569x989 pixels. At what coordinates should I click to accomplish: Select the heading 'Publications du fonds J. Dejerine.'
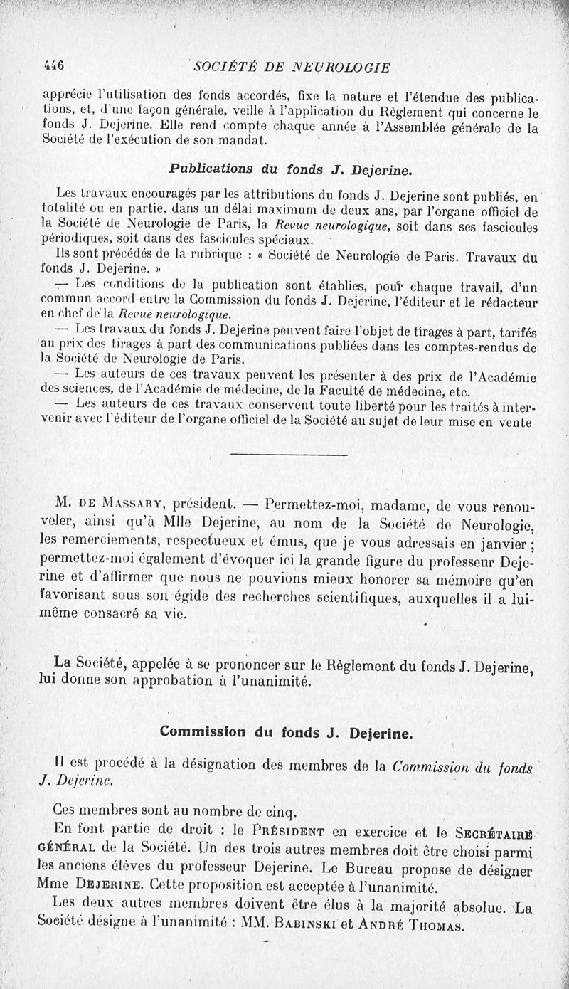pos(289,170)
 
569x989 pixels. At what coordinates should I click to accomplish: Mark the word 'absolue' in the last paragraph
pos(476,909)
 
